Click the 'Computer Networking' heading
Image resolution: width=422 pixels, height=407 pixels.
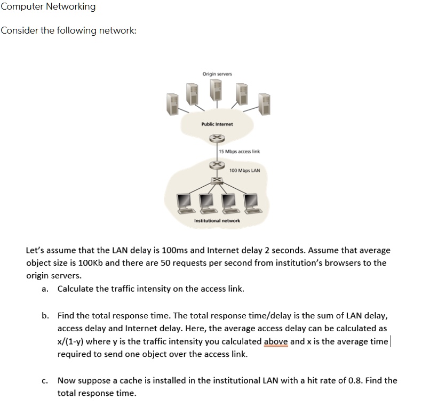coord(48,7)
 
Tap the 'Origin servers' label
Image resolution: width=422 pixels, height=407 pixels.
coord(217,74)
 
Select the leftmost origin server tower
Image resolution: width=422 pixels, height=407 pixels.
coord(171,103)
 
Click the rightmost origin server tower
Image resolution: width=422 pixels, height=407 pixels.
coord(264,103)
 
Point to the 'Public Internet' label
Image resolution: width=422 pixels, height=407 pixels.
coord(217,124)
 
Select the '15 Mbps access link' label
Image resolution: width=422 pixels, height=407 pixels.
coord(240,151)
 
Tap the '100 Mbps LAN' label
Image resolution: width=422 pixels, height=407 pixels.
coord(244,171)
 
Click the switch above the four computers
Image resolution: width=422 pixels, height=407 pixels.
coord(217,181)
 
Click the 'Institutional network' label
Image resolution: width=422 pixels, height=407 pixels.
coord(217,220)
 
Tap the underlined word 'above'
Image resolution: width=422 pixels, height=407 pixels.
coord(276,342)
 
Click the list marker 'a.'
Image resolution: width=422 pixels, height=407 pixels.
coord(45,289)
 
